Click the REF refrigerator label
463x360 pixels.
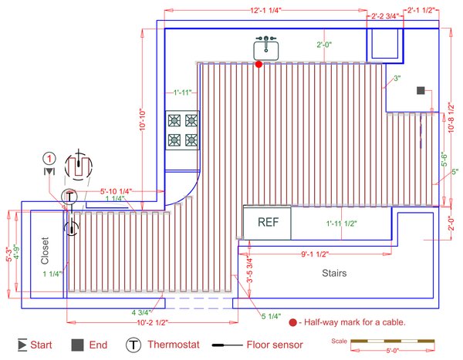click(268, 224)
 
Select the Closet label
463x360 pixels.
click(45, 251)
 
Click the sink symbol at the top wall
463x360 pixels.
click(265, 48)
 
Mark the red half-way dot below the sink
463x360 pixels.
click(259, 65)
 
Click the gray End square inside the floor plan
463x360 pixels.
click(421, 90)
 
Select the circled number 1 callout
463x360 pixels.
click(49, 158)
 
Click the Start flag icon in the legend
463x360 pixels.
click(22, 345)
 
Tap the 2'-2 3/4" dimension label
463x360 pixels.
click(385, 15)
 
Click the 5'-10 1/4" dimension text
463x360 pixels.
click(117, 190)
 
